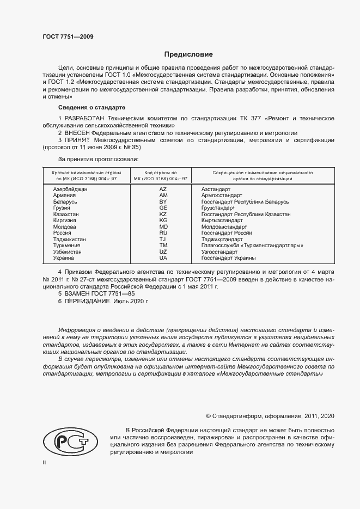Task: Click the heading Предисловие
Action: [188, 54]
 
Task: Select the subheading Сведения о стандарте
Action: [91, 107]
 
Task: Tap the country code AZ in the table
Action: [163, 188]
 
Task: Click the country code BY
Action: [163, 201]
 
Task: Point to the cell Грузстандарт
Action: [218, 208]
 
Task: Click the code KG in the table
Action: [163, 220]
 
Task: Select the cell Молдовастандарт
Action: [224, 226]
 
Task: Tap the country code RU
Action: [163, 233]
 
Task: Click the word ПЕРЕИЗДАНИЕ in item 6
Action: [88, 301]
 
